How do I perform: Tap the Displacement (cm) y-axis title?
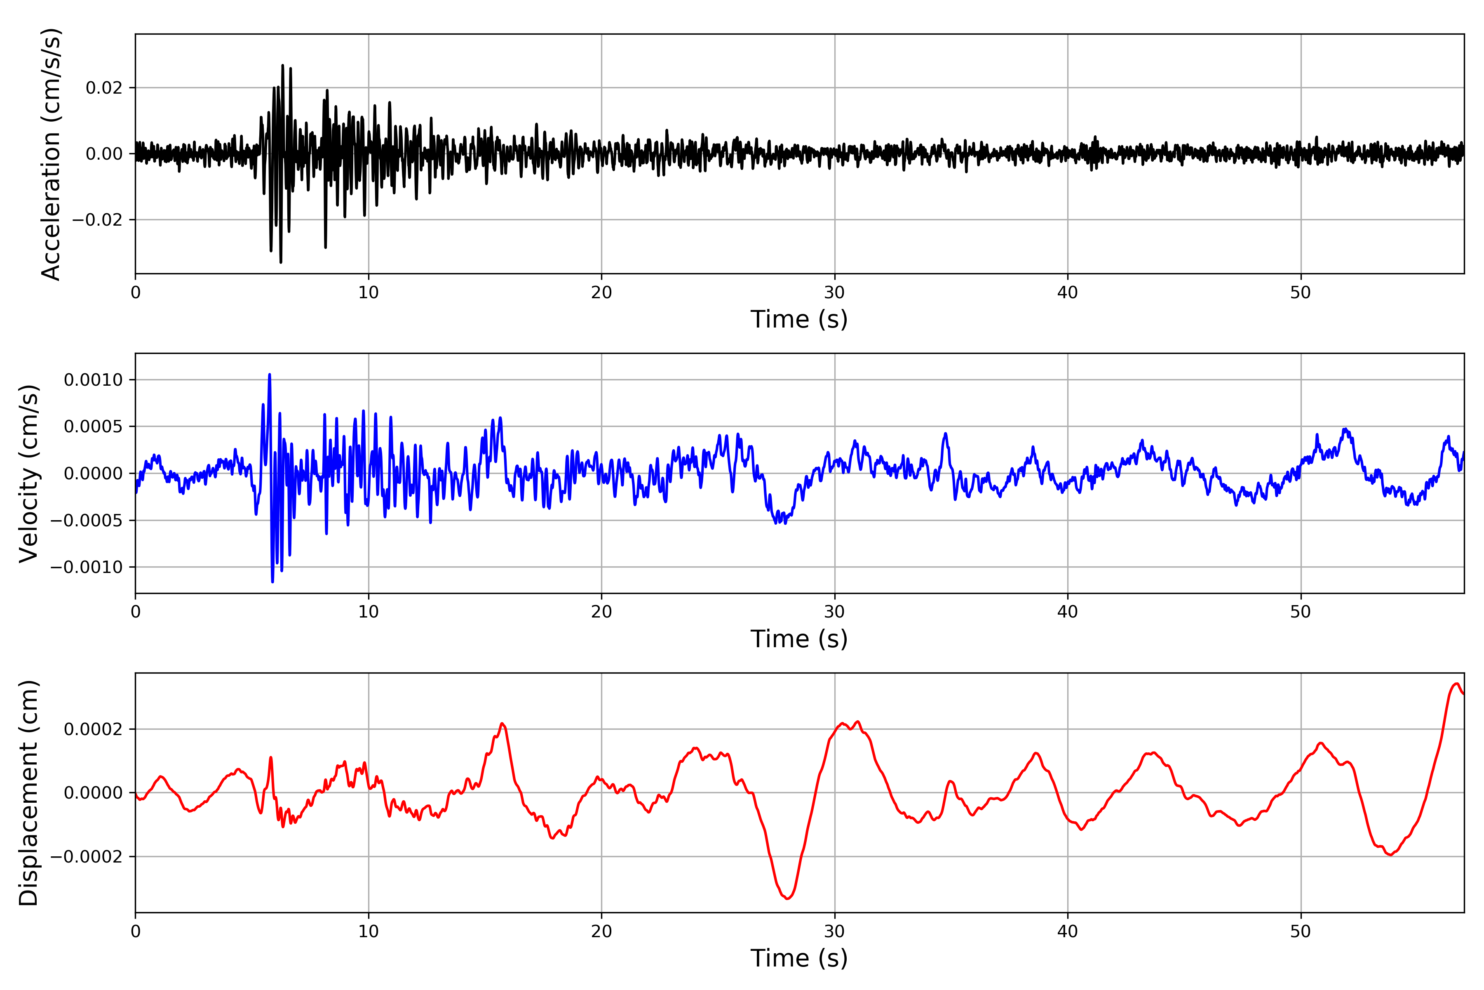coord(29,793)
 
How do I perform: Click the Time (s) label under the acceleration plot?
coord(799,319)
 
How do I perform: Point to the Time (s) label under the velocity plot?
coord(799,639)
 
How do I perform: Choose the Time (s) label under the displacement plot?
coord(799,958)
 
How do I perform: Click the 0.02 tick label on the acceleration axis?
coord(104,88)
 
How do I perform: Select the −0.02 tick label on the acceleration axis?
coord(97,220)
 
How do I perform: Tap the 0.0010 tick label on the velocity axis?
coord(94,379)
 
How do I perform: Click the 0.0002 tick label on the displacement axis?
coord(94,729)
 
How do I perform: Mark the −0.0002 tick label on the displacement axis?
coord(87,857)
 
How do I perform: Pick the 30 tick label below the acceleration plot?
coord(834,293)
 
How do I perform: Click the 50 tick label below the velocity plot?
coord(1301,612)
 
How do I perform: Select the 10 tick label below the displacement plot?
coord(369,931)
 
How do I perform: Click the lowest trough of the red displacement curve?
coord(787,898)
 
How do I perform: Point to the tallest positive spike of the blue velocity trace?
coord(270,375)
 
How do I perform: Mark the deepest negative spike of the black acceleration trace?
coord(281,262)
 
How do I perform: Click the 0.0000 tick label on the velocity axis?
coord(94,474)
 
